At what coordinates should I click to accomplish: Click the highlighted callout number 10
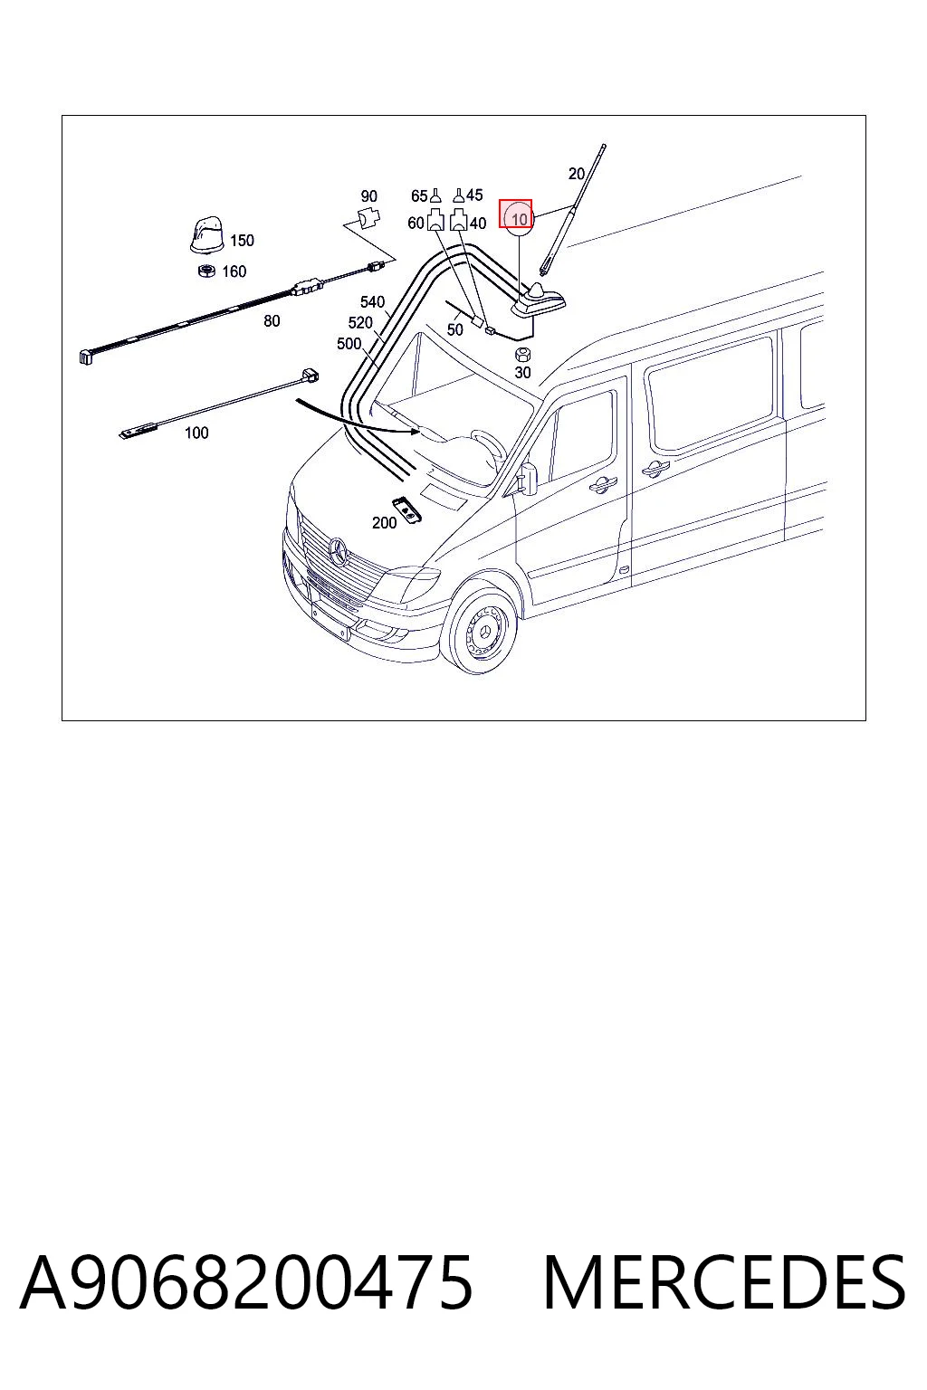coord(519,218)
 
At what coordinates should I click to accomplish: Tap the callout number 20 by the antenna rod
coord(577,173)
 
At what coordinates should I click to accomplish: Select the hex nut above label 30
coord(523,355)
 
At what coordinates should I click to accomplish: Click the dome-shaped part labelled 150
coord(207,234)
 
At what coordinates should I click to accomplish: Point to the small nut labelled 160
coord(205,271)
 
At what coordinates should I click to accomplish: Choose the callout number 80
coord(272,321)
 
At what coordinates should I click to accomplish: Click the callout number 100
coord(196,433)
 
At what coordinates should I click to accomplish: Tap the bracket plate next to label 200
coord(406,509)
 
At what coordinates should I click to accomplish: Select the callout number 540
coord(373,301)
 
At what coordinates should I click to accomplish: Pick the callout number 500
coord(349,343)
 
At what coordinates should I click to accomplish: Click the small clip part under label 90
coord(369,218)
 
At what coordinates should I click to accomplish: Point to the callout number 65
coord(419,196)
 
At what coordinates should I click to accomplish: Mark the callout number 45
coord(474,195)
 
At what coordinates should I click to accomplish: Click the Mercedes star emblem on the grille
coord(339,552)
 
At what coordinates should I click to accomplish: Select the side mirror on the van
coord(529,478)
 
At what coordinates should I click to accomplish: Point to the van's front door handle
coord(602,483)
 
